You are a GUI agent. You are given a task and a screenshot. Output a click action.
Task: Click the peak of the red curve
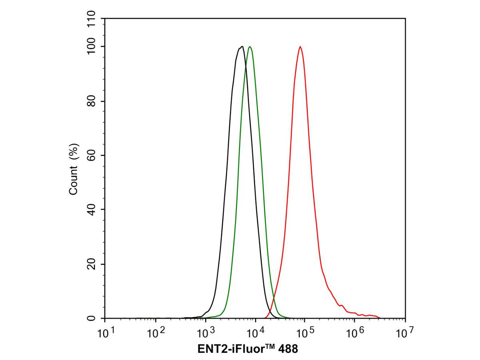click(x=300, y=47)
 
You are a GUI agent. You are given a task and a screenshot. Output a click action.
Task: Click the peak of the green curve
click(x=250, y=47)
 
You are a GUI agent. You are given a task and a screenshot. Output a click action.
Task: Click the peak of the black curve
click(x=241, y=47)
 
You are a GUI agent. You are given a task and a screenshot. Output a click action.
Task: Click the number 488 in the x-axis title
click(x=288, y=349)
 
